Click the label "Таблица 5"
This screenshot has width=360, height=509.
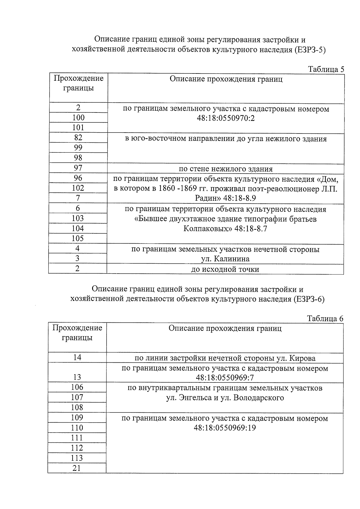pyautogui.click(x=326, y=69)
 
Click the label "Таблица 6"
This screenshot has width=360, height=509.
pyautogui.click(x=325, y=319)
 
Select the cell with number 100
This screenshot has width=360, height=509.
pyautogui.click(x=78, y=118)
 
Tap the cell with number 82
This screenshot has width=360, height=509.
pyautogui.click(x=78, y=138)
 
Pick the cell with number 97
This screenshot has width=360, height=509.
pyautogui.click(x=78, y=168)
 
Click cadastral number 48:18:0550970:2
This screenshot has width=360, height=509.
pyautogui.click(x=226, y=118)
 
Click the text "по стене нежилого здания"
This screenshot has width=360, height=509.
pyautogui.click(x=226, y=169)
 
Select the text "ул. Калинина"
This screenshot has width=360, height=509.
pyautogui.click(x=225, y=259)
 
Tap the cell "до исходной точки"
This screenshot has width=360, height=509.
pyautogui.click(x=225, y=269)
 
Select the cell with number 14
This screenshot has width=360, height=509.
pyautogui.click(x=77, y=358)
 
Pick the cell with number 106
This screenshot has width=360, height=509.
pyautogui.click(x=77, y=387)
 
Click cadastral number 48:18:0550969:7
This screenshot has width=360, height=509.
pyautogui.click(x=225, y=377)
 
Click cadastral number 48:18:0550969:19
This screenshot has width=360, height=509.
pyautogui.click(x=225, y=428)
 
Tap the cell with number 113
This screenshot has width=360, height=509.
pyautogui.click(x=77, y=458)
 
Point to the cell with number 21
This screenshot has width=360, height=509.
pyautogui.click(x=77, y=468)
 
